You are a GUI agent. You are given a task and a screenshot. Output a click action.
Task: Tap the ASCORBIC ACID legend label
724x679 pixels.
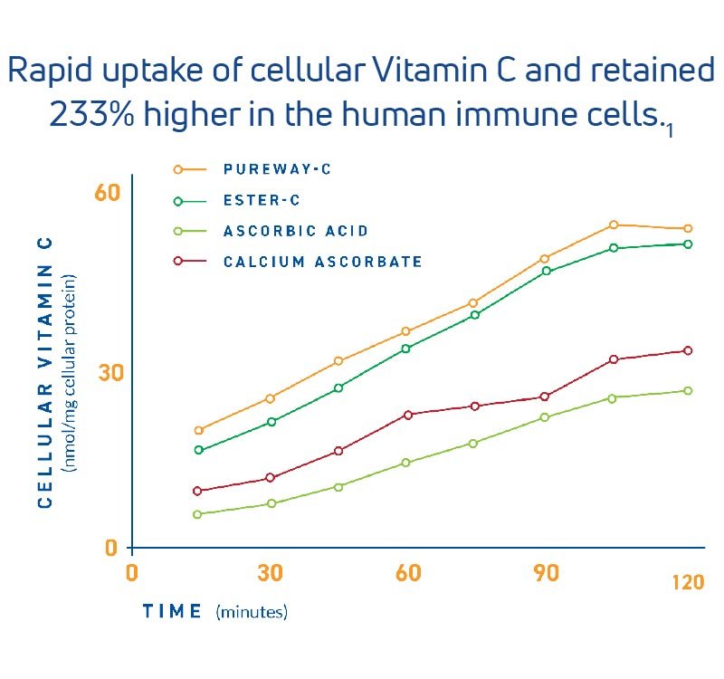(x=296, y=231)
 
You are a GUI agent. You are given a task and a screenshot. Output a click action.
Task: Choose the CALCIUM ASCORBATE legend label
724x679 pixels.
(x=322, y=262)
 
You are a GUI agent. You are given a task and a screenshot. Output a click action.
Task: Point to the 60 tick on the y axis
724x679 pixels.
(x=108, y=192)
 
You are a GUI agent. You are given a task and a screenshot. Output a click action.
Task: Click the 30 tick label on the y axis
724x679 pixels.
(x=108, y=373)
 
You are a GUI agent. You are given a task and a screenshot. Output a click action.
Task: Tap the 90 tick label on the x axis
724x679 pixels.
(x=546, y=573)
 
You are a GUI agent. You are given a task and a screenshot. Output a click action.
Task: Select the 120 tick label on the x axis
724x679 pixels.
(x=688, y=583)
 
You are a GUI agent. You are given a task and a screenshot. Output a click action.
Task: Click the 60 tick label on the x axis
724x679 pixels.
(x=408, y=573)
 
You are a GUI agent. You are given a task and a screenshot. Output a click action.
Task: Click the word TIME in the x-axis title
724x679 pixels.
(x=172, y=611)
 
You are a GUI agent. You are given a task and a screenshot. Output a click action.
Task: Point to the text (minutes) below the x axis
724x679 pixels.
(x=252, y=612)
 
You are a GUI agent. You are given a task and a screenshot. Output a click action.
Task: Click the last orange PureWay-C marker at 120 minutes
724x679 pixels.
(x=688, y=228)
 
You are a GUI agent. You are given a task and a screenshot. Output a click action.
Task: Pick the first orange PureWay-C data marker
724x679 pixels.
(x=198, y=430)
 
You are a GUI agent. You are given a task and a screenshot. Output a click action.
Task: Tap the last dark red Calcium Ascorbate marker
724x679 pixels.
(x=688, y=350)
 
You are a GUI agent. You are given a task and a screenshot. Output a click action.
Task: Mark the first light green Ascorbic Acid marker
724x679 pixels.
(x=198, y=514)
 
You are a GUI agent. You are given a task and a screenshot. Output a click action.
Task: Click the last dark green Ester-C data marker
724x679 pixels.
(x=688, y=244)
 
